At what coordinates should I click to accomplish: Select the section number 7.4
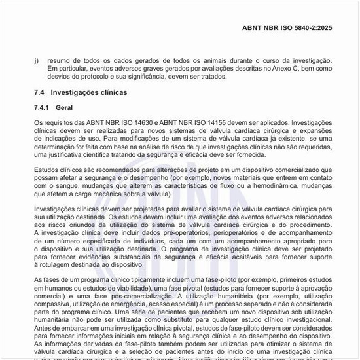[x=39, y=93]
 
